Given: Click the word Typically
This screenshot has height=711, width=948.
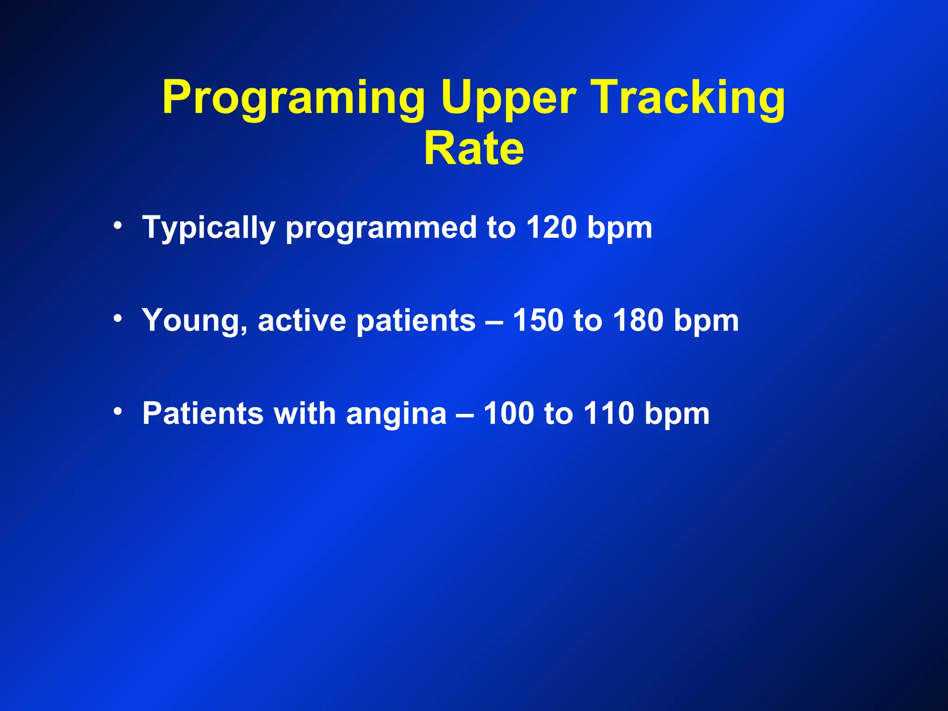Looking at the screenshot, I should point(209,228).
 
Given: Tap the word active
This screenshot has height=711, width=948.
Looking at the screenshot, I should point(302,320).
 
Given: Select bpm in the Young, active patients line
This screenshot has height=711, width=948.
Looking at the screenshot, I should point(706,321).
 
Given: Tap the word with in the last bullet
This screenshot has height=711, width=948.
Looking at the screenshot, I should point(305,413).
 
